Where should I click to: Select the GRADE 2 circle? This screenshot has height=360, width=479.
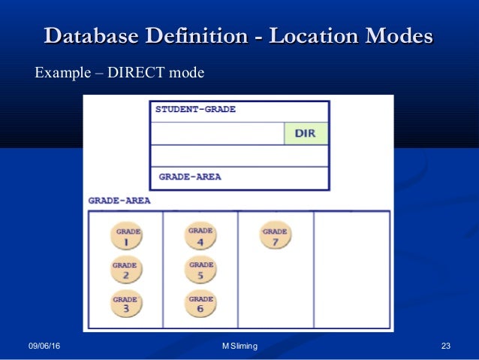pyautogui.click(x=125, y=270)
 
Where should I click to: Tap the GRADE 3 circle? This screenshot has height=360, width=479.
pyautogui.click(x=125, y=304)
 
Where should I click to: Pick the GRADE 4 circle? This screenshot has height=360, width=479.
pyautogui.click(x=200, y=237)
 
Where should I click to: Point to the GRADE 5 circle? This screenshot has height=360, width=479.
pyautogui.click(x=201, y=270)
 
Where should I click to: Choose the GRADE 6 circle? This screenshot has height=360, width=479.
pyautogui.click(x=201, y=304)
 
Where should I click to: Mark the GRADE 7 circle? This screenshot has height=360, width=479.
pyautogui.click(x=275, y=237)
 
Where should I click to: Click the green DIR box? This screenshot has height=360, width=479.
pyautogui.click(x=306, y=134)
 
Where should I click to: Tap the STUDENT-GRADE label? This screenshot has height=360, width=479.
pyautogui.click(x=195, y=109)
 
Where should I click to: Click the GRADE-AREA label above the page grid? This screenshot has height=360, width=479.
pyautogui.click(x=119, y=201)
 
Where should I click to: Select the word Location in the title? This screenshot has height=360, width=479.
pyautogui.click(x=309, y=36)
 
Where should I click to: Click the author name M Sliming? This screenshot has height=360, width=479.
pyautogui.click(x=239, y=346)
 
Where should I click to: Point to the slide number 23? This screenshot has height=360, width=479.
pyautogui.click(x=446, y=346)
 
